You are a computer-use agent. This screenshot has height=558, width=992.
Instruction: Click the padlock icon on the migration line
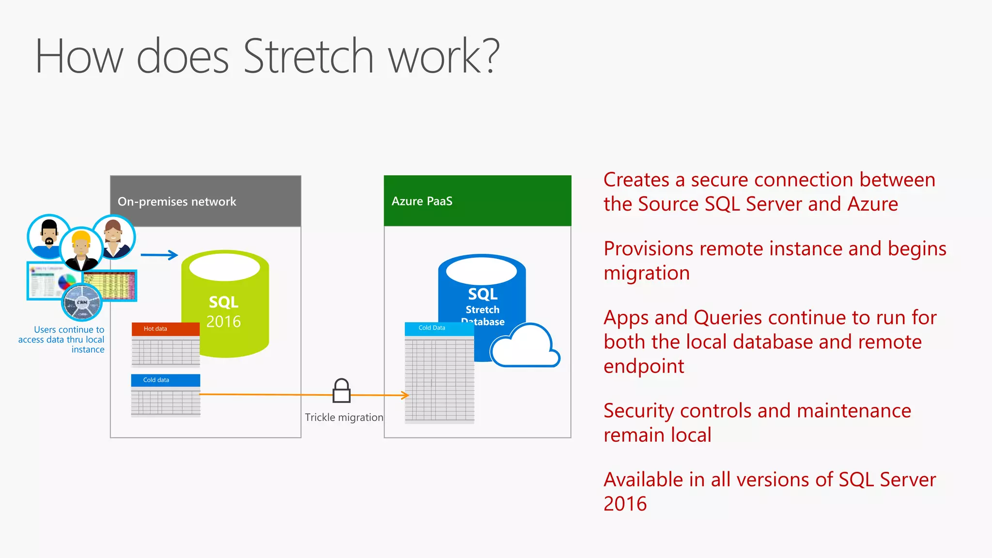point(341,391)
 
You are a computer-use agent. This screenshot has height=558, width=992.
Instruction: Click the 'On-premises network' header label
point(177,201)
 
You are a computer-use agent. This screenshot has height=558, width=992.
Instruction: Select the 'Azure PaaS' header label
point(422,201)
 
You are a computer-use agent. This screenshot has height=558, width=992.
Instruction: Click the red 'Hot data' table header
point(165,329)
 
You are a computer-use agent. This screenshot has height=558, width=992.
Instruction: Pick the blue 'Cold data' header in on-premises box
point(165,380)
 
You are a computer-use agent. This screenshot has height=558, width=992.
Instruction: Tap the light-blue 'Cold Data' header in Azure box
point(439,328)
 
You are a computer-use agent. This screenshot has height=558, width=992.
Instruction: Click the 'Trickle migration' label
point(343,418)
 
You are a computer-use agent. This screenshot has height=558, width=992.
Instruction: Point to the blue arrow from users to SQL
point(159,255)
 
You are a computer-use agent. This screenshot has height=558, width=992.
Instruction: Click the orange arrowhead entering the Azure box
point(405,395)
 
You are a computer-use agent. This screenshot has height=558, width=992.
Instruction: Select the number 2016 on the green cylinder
point(223,322)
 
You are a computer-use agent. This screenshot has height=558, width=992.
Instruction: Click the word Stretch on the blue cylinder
point(482,310)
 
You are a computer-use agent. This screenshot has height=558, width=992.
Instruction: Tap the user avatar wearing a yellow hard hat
point(81,248)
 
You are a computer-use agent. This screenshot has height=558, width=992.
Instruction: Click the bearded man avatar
point(48,236)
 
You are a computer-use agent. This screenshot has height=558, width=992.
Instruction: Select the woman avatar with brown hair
point(113,237)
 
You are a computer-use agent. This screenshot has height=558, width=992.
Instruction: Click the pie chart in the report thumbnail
point(67,281)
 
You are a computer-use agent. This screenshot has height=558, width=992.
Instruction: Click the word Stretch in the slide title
point(308,57)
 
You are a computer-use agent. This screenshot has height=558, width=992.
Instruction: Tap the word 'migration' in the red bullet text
point(646,274)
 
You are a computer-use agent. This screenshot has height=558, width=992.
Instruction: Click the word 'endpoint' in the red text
point(644,367)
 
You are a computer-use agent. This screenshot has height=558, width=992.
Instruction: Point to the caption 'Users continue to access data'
point(62,340)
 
